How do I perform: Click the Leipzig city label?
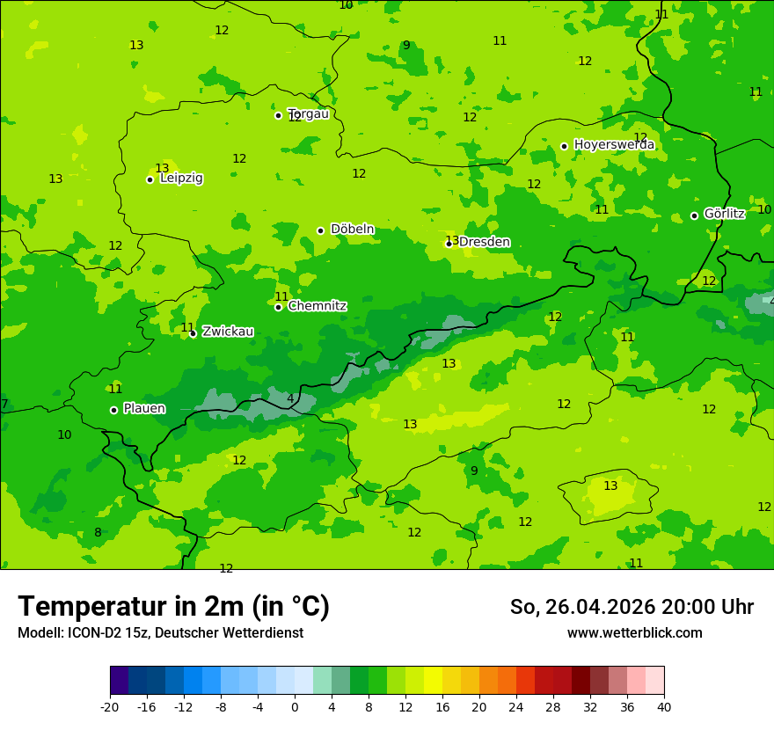click(x=181, y=179)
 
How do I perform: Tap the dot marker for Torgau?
click(x=278, y=115)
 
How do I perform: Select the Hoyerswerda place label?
click(x=614, y=145)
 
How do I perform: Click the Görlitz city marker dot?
click(x=694, y=215)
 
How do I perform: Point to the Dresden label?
click(x=484, y=243)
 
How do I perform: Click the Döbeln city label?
click(x=352, y=230)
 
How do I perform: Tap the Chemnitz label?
click(x=317, y=306)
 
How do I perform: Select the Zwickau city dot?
click(x=193, y=333)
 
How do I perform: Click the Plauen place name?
click(x=144, y=409)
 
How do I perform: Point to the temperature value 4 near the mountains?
click(x=290, y=399)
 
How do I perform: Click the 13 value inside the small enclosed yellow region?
click(x=610, y=486)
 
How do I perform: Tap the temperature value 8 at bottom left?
click(x=98, y=533)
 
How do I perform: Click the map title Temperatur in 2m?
click(x=173, y=607)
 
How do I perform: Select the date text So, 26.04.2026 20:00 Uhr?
click(x=632, y=607)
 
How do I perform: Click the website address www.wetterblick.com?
click(x=634, y=633)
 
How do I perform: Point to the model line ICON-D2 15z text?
click(x=160, y=633)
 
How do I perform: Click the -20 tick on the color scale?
click(x=110, y=707)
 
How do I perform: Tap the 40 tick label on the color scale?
click(x=663, y=707)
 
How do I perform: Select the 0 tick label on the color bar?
click(x=295, y=707)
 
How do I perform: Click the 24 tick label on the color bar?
click(x=515, y=707)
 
